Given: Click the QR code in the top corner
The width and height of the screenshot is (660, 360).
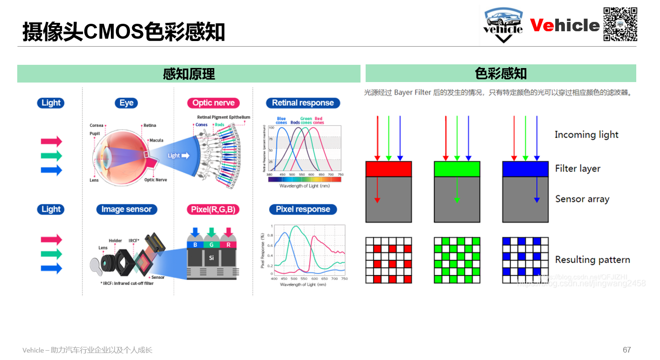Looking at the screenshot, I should click(x=620, y=24).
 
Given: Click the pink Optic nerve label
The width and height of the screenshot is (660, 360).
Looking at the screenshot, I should click(x=214, y=103).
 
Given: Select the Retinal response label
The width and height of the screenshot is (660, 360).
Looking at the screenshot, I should click(x=303, y=103).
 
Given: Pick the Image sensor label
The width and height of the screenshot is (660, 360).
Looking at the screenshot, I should click(x=127, y=209).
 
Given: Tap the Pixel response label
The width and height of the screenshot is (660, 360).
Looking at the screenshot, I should click(x=303, y=209).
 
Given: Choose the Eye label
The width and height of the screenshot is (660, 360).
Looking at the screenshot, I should click(x=126, y=103).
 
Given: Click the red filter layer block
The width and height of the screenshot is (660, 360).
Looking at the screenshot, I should click(x=389, y=169).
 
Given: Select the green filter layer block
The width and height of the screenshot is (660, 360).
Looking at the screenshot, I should click(x=457, y=169).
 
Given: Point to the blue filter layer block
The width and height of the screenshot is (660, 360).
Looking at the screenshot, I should click(x=525, y=169).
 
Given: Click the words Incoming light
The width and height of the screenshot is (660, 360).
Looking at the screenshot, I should click(x=586, y=135).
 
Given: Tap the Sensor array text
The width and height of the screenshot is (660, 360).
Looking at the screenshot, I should click(x=582, y=199).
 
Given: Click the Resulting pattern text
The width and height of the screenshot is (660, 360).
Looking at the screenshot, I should click(x=592, y=260).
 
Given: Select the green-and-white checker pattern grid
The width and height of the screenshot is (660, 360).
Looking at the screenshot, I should click(x=457, y=260).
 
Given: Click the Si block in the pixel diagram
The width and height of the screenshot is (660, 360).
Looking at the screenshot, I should click(x=211, y=258).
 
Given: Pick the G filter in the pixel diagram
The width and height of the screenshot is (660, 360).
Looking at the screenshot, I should click(x=211, y=244).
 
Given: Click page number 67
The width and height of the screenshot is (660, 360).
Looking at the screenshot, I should click(x=627, y=350).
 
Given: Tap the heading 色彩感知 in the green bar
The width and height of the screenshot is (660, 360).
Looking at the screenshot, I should click(x=501, y=73).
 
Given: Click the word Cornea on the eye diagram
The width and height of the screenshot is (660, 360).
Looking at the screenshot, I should click(x=96, y=125).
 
